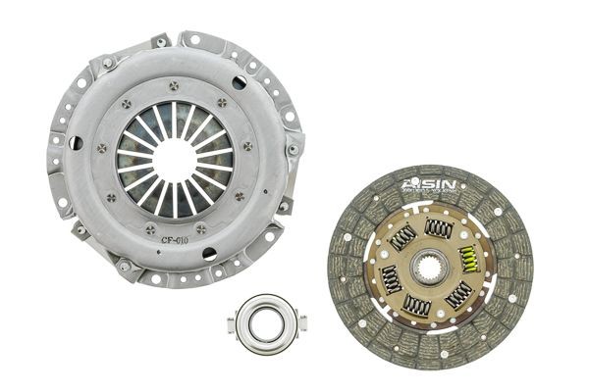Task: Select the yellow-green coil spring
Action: (x=469, y=260)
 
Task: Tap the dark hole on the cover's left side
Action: (x=76, y=143)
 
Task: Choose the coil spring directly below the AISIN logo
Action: (x=439, y=227)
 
